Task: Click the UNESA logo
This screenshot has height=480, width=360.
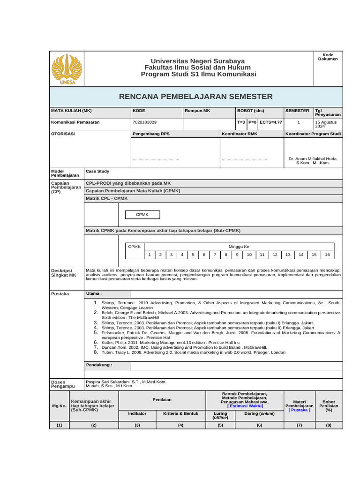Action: [66, 69]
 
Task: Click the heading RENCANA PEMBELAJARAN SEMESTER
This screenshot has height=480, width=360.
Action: [196, 97]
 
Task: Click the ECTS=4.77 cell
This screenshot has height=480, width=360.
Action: [270, 122]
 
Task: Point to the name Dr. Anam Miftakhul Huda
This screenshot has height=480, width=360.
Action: [313, 158]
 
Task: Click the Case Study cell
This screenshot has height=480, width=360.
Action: [97, 172]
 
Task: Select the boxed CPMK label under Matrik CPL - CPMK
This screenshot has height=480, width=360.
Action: [142, 215]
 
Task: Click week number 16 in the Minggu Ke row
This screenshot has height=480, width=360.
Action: [327, 255]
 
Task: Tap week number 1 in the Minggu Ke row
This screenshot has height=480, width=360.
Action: [149, 255]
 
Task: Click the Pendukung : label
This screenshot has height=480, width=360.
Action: [99, 364]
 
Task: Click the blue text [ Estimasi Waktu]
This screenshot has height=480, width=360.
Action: [244, 406]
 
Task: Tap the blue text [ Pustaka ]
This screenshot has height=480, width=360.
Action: [299, 410]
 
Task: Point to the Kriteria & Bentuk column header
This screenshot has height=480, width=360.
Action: [180, 414]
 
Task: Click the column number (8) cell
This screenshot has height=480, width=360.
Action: [328, 425]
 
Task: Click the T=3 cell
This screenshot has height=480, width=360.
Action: [241, 122]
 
